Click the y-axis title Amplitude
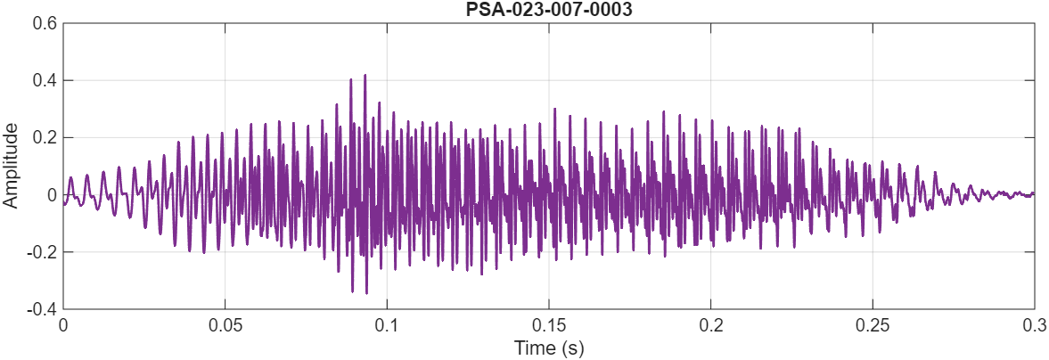tap(11, 166)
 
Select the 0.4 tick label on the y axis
tap(45, 81)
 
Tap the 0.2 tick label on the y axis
tap(45, 138)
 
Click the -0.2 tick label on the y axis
tap(42, 252)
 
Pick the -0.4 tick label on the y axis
tap(42, 309)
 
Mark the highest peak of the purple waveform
tap(365, 76)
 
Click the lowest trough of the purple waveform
tap(366, 292)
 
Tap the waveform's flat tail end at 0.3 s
tap(1033, 193)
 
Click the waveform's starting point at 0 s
tap(64, 203)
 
